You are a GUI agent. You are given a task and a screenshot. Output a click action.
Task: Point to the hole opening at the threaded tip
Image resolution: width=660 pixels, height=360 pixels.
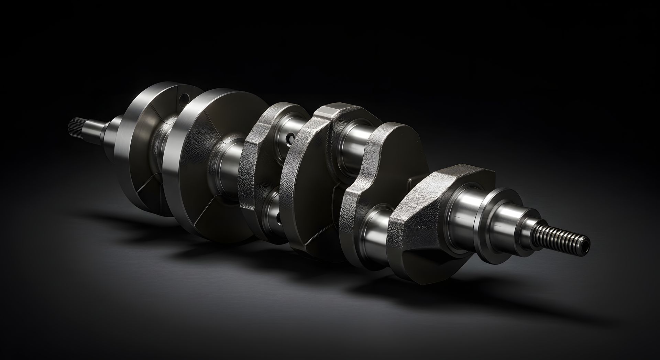tap(586, 243)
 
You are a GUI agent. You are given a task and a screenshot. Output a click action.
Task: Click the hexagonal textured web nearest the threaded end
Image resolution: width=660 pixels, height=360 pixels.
tap(423, 213)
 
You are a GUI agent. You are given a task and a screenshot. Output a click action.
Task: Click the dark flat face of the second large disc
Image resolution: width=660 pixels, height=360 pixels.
tap(206, 193)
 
